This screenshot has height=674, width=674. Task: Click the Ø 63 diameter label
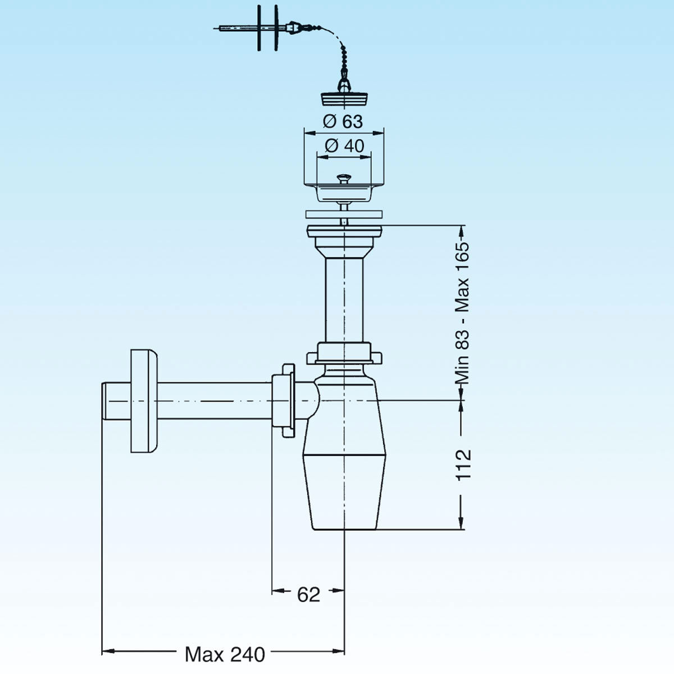343,121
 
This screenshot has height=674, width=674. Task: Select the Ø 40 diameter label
344,146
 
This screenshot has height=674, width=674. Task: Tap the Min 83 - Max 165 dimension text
462,313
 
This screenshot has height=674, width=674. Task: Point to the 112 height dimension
463,464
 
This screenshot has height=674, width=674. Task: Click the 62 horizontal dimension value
308,594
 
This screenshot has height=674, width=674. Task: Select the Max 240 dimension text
225,654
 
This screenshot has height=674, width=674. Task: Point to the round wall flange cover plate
144,401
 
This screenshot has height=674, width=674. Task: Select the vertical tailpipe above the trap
343,298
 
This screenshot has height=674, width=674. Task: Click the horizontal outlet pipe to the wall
213,400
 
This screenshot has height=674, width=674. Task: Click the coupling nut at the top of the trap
344,353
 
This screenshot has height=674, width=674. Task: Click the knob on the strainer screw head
344,179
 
